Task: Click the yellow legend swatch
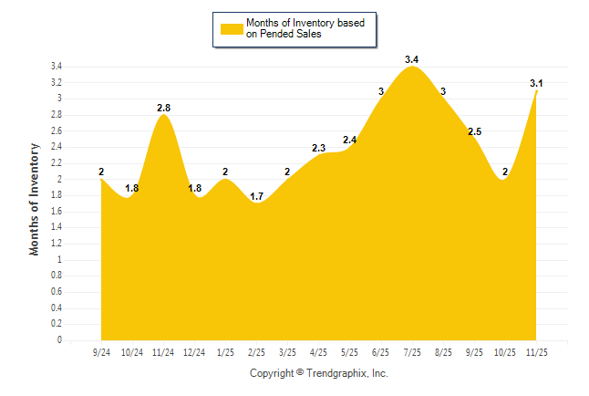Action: tap(231, 29)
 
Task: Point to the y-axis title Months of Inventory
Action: tap(35, 198)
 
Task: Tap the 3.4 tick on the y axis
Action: tap(57, 67)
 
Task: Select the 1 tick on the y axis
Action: tap(59, 260)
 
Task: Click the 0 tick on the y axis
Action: tap(59, 340)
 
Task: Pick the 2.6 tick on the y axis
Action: tap(57, 131)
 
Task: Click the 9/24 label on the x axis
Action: tap(101, 351)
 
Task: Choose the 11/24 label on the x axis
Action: tap(163, 351)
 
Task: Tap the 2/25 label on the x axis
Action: tap(257, 351)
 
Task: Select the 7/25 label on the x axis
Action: tap(412, 351)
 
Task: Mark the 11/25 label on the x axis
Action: tap(536, 351)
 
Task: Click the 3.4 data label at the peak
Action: tap(412, 59)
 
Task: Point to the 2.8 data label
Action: tap(163, 108)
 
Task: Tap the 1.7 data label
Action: tap(257, 196)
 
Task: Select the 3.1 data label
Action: tap(536, 84)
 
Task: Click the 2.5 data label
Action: tap(474, 132)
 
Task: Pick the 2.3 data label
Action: tap(319, 148)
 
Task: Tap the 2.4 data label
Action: tap(350, 140)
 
